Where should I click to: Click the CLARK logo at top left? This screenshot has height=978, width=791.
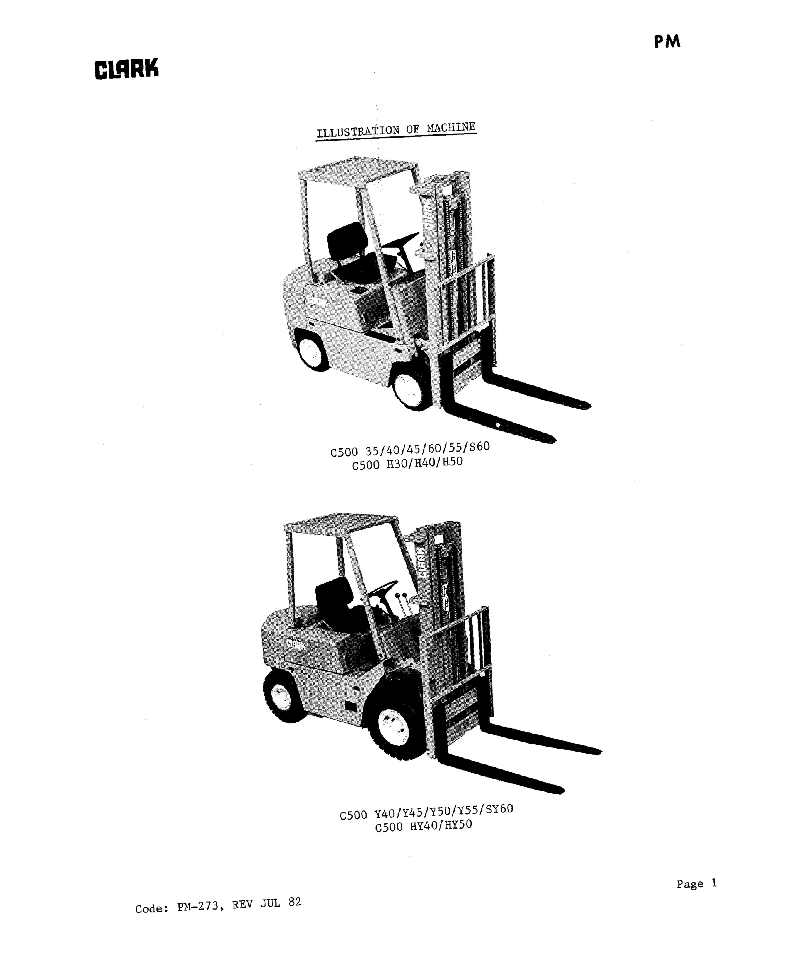[126, 69]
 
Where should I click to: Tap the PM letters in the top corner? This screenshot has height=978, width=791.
[667, 42]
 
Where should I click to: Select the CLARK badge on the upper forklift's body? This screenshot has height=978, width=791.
[317, 301]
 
